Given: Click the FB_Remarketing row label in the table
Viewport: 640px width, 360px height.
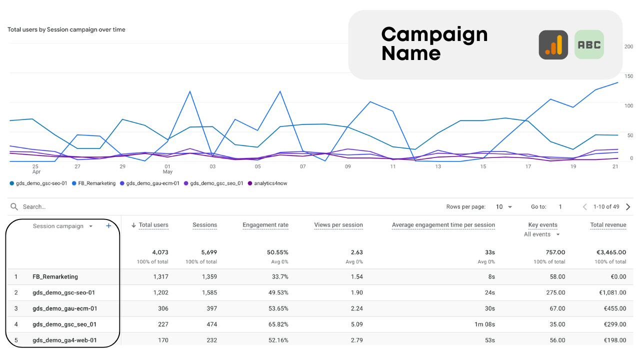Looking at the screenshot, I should pyautogui.click(x=55, y=276).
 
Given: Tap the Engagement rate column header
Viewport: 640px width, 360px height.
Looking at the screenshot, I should pyautogui.click(x=265, y=225).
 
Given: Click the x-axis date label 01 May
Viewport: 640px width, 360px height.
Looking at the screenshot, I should pyautogui.click(x=167, y=169).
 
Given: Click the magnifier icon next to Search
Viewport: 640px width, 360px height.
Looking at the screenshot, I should pyautogui.click(x=14, y=206).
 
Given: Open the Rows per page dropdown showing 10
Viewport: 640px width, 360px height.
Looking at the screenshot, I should pyautogui.click(x=504, y=207).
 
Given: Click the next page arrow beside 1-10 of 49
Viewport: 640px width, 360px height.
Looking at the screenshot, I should pyautogui.click(x=628, y=207).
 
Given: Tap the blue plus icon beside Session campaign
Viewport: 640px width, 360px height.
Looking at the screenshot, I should pyautogui.click(x=108, y=226).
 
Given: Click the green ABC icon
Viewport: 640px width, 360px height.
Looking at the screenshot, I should pyautogui.click(x=589, y=44).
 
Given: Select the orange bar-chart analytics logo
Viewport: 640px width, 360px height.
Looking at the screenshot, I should pyautogui.click(x=553, y=45).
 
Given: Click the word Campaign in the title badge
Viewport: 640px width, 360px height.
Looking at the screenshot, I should pyautogui.click(x=434, y=34).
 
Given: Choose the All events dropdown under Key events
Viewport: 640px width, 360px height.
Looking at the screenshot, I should pyautogui.click(x=542, y=234).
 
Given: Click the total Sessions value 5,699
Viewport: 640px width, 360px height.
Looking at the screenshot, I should pyautogui.click(x=206, y=252).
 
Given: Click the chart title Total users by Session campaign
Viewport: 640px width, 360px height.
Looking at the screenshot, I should pyautogui.click(x=66, y=29).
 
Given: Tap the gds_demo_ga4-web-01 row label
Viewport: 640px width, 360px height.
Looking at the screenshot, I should pyautogui.click(x=64, y=340).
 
